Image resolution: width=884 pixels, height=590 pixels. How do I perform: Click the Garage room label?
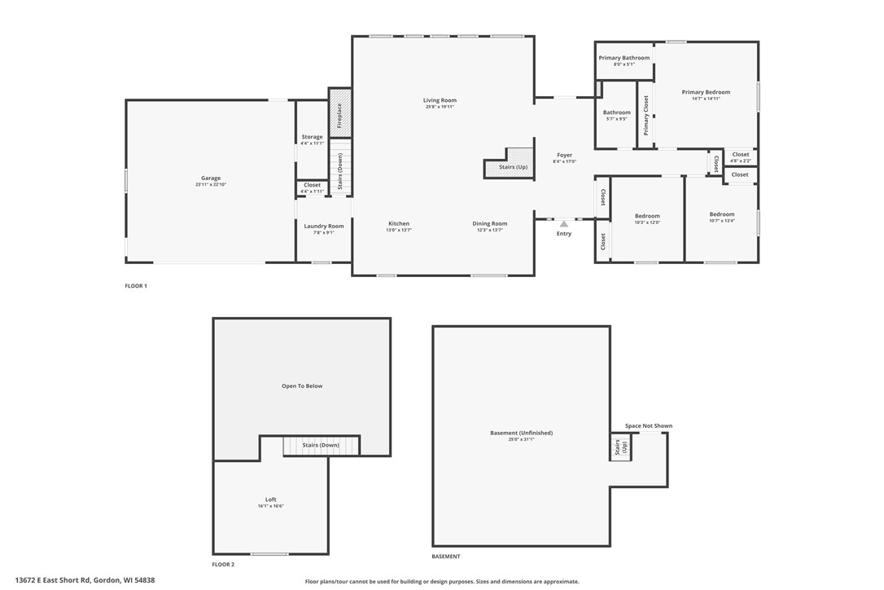(211, 178)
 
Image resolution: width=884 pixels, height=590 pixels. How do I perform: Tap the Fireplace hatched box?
(339, 113)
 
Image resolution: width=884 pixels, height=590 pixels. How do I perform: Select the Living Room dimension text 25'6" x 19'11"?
(440, 107)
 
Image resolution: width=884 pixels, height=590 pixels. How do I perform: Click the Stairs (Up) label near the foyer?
(513, 167)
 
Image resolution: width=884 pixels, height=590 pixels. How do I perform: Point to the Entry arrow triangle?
(563, 223)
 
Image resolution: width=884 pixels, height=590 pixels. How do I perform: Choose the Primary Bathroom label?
(624, 58)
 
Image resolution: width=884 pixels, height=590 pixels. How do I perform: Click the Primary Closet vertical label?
(646, 115)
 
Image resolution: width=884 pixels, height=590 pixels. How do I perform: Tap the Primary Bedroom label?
(706, 92)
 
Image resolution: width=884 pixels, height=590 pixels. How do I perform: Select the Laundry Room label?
(324, 226)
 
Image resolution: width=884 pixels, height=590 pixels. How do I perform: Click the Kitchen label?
(399, 223)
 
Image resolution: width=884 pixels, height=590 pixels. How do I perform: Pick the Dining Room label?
(490, 223)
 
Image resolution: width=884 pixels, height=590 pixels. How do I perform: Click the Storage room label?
(312, 137)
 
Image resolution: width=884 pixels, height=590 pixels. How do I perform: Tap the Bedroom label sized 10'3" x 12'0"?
(647, 216)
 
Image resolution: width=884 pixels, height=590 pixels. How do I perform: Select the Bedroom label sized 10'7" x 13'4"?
(722, 214)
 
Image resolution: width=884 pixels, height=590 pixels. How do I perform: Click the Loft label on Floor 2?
(271, 500)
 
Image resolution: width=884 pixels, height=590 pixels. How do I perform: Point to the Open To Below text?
(302, 386)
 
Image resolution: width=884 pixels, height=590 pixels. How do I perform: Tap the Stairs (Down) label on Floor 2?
(321, 445)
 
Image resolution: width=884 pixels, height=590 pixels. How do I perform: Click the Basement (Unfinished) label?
(521, 433)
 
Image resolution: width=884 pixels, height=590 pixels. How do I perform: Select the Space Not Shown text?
(649, 426)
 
